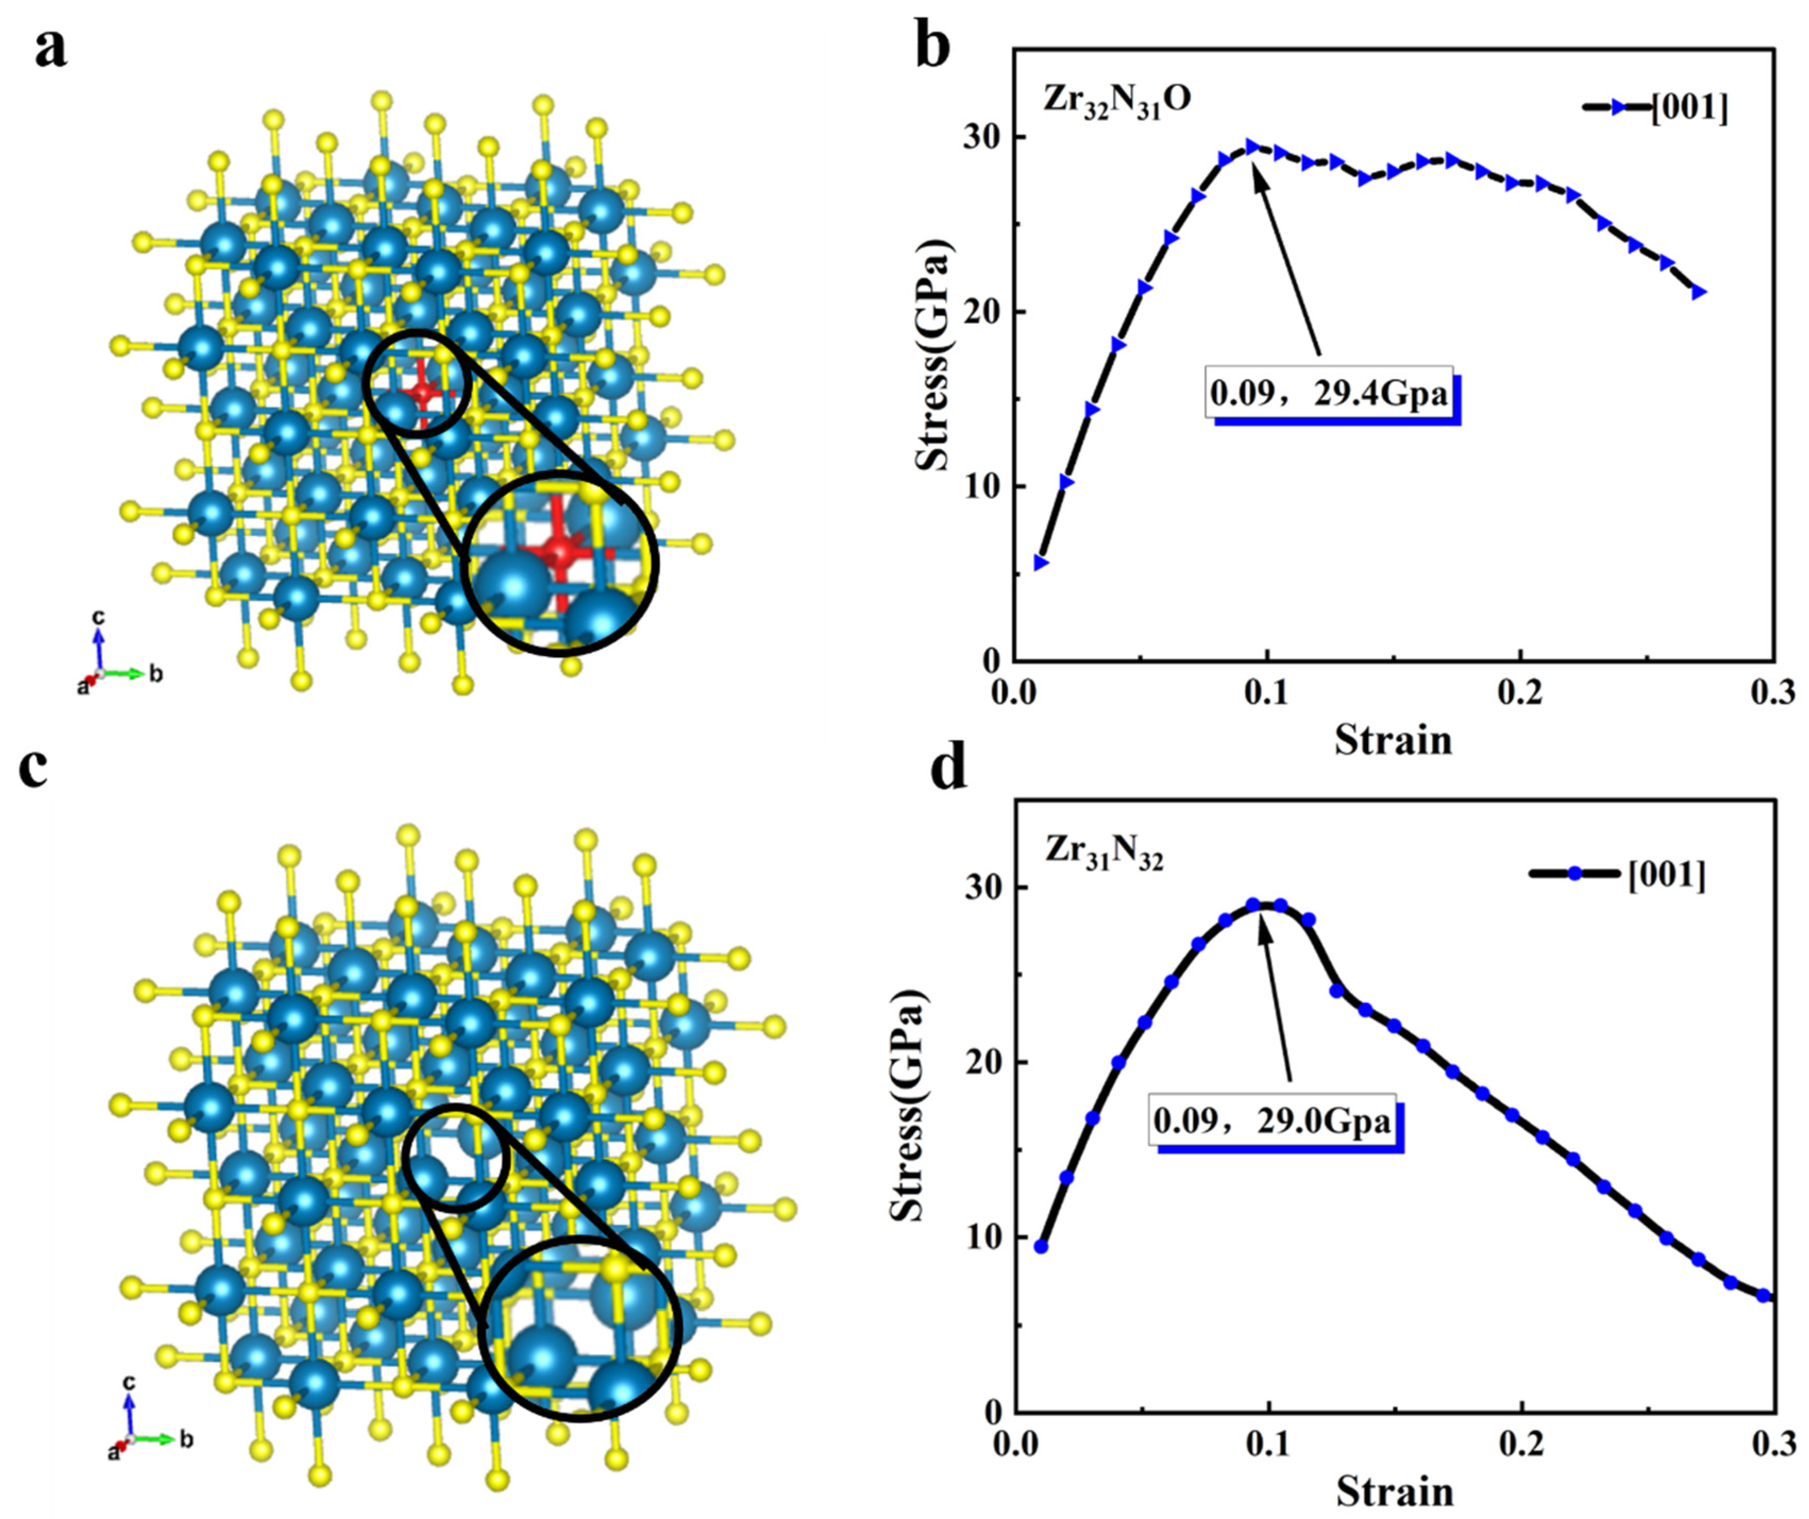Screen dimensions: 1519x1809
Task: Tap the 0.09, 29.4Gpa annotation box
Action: (x=1329, y=394)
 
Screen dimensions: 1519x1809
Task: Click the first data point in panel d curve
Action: (x=1041, y=1246)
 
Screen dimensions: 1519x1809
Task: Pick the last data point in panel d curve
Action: (x=1762, y=1319)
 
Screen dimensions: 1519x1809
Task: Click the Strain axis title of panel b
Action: (x=1393, y=740)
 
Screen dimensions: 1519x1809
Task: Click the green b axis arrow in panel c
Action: (x=155, y=1438)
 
